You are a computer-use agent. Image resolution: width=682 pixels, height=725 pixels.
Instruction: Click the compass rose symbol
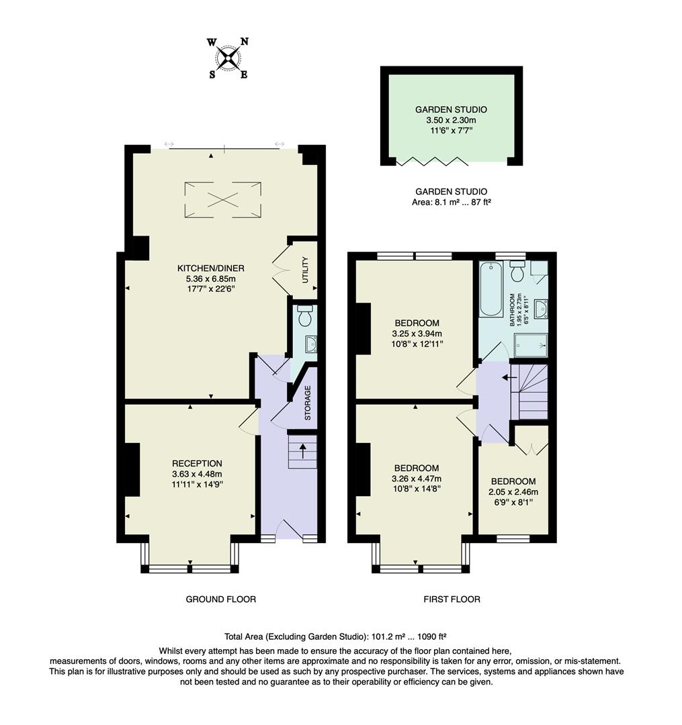click(228, 58)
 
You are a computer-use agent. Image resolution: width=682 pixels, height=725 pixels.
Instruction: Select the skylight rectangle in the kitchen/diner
click(223, 199)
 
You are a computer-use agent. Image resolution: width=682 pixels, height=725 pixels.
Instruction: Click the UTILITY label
click(305, 269)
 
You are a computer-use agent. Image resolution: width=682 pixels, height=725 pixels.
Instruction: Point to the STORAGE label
click(308, 403)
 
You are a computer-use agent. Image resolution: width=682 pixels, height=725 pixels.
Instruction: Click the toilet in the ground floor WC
click(305, 315)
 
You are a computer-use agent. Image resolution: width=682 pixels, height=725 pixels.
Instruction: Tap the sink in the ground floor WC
click(310, 344)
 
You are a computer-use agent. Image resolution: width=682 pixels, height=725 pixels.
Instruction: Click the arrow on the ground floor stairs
click(302, 450)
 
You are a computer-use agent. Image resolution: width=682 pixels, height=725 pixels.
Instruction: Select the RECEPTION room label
click(197, 463)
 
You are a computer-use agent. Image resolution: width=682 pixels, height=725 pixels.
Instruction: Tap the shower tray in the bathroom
click(531, 346)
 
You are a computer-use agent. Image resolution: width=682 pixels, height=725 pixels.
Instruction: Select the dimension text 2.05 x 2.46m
click(513, 491)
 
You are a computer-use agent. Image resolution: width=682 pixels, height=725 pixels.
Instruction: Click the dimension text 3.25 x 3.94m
click(417, 333)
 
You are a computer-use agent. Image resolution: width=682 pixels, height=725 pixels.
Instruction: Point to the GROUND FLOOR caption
click(220, 599)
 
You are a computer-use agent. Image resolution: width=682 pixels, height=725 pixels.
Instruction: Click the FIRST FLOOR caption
click(452, 599)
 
